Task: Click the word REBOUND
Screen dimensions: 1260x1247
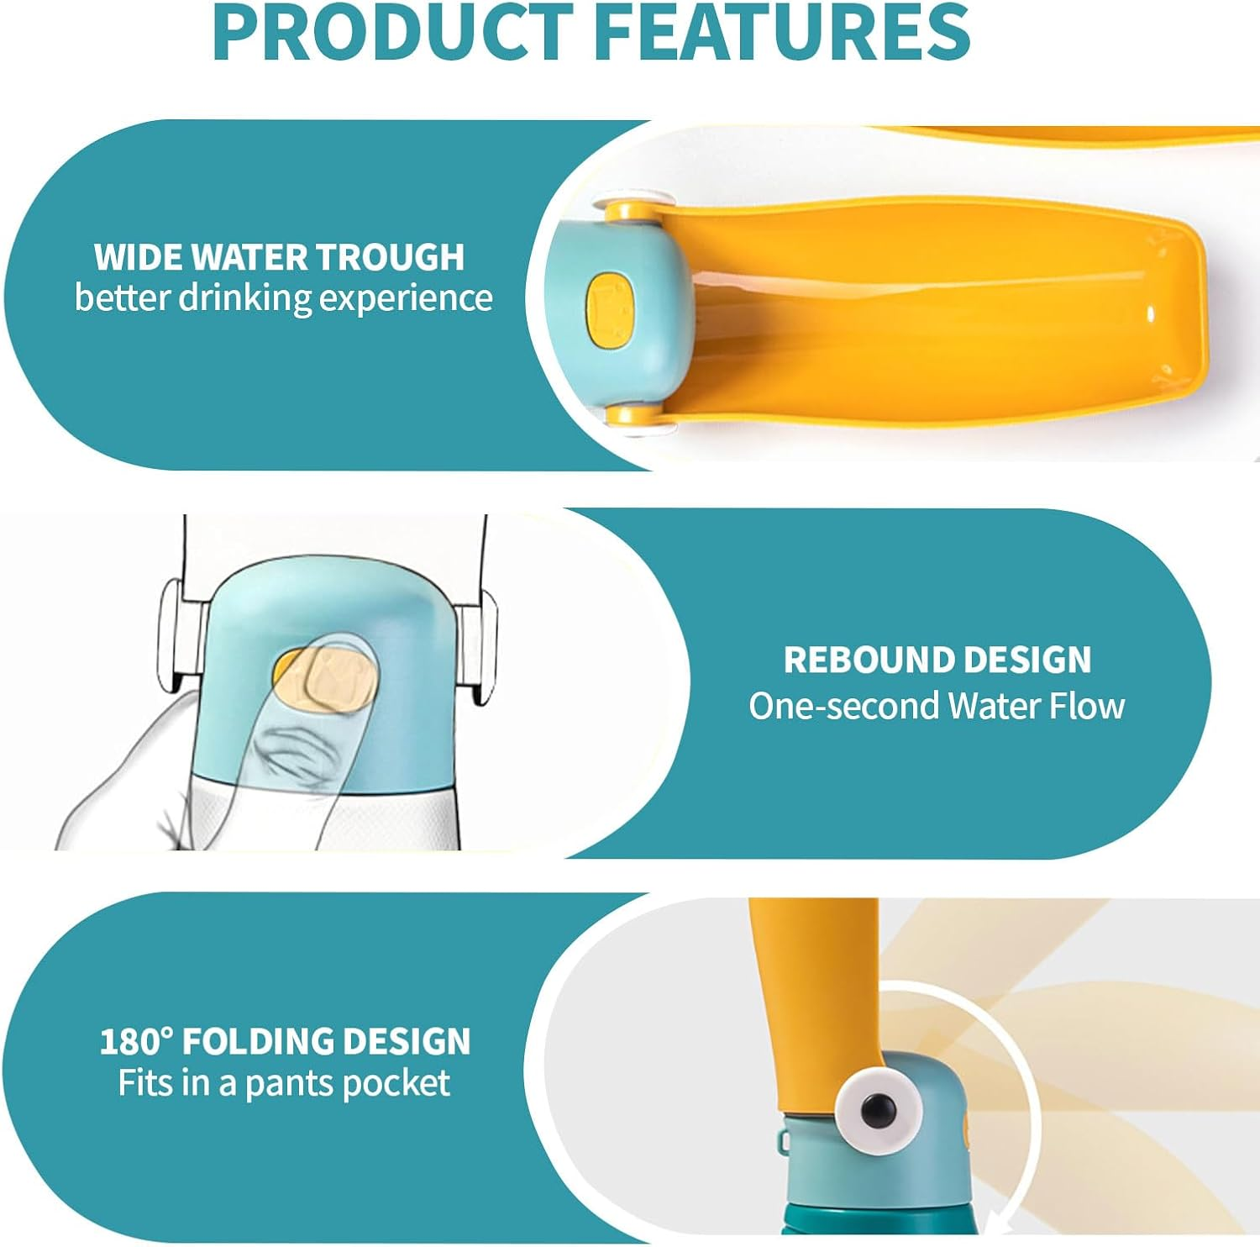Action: [877, 660]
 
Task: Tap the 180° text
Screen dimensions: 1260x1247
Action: [135, 1042]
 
